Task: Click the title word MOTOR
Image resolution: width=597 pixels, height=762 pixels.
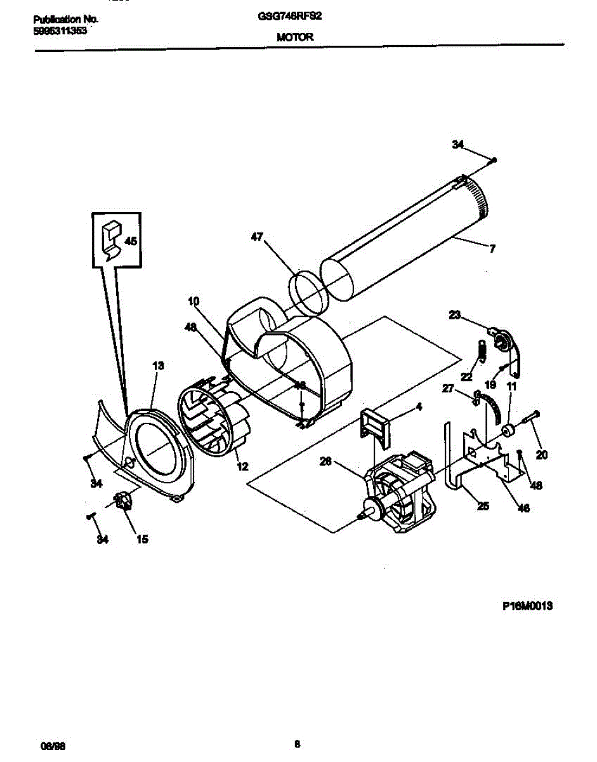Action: pos(294,37)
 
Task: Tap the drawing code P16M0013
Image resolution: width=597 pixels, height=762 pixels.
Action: pos(527,606)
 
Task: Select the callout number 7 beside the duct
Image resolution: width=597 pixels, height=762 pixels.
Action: pos(492,250)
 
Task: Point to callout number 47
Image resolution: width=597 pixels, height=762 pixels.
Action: pos(256,236)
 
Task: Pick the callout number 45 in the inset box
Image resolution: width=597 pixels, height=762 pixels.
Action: pos(130,242)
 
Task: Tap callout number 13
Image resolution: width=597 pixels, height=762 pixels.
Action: pos(158,365)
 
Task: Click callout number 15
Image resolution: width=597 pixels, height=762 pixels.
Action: pos(142,539)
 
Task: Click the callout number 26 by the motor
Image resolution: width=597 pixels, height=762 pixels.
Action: pos(325,462)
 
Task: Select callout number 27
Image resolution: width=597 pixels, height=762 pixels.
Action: pos(448,389)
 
